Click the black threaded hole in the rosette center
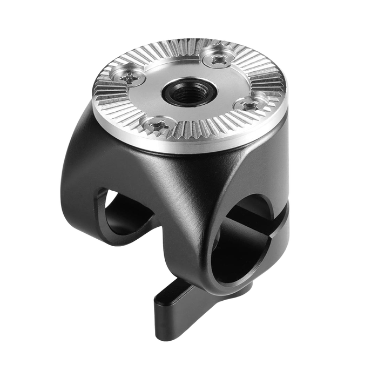(190, 93)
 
